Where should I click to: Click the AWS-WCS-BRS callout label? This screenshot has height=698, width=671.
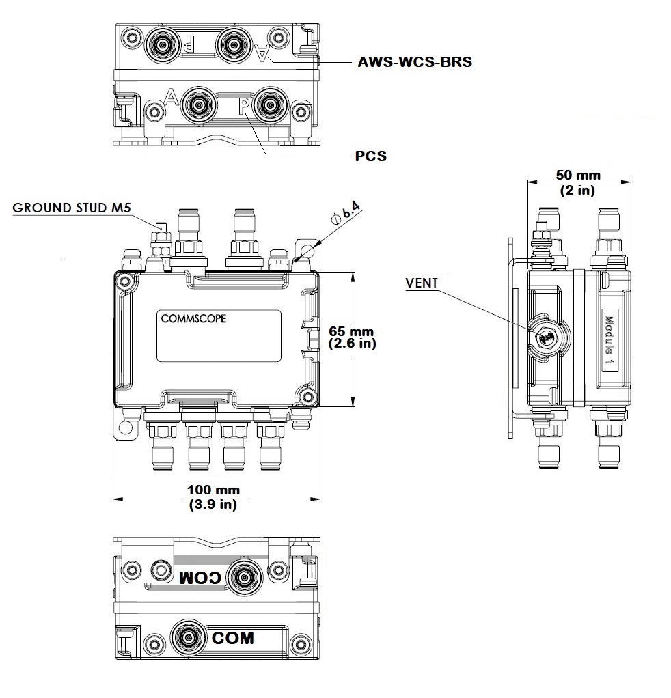pyautogui.click(x=415, y=61)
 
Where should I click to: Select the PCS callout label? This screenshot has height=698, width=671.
pyautogui.click(x=371, y=156)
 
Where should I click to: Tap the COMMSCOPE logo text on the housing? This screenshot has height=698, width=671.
pyautogui.click(x=194, y=318)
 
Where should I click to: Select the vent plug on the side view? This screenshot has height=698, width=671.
pyautogui.click(x=546, y=336)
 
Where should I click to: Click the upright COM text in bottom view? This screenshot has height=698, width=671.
pyautogui.click(x=232, y=638)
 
